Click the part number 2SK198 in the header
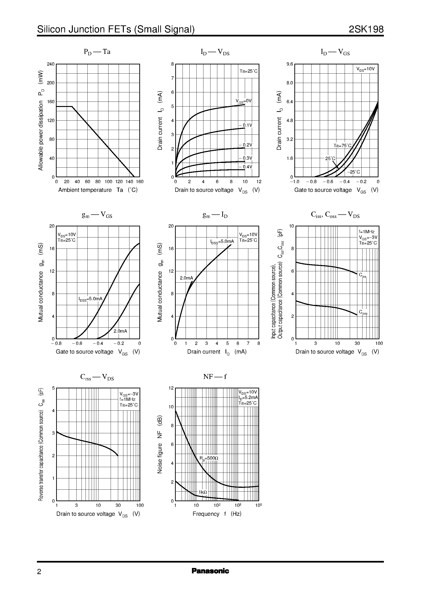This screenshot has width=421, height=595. [366, 29]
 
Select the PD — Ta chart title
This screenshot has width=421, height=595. [97, 52]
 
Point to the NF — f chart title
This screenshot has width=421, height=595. [215, 377]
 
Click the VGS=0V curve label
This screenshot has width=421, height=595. [243, 101]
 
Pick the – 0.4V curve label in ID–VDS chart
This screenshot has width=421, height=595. [245, 167]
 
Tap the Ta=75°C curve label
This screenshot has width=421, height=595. [342, 146]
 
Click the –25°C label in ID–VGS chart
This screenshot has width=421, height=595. [353, 172]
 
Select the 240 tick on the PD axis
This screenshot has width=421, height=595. [51, 64]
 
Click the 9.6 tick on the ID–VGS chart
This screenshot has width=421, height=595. [290, 64]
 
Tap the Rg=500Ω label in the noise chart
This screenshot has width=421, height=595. [209, 458]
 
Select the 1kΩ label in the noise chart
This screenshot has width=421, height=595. [203, 492]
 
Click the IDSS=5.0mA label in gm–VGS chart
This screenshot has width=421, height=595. [90, 299]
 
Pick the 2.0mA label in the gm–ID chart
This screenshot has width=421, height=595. [186, 278]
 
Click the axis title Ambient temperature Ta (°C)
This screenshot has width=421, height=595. [98, 190]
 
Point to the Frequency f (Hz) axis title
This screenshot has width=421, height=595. [217, 514]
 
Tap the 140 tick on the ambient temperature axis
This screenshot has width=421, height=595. [129, 182]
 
